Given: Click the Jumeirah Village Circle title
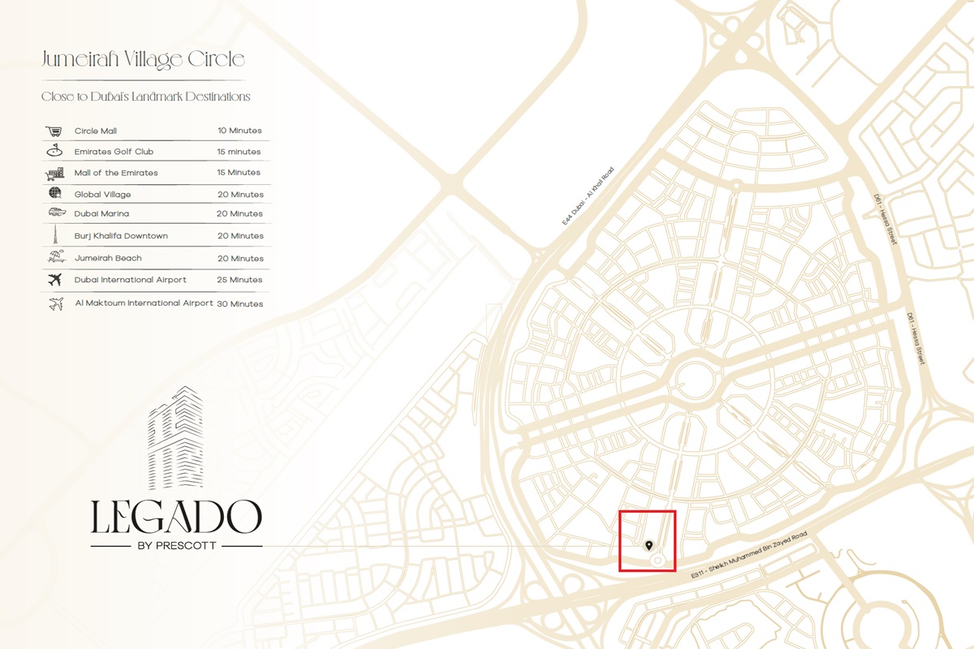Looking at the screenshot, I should point(143,59).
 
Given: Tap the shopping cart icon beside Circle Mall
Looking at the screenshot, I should point(54,131).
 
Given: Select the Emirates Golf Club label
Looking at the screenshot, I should point(114,152).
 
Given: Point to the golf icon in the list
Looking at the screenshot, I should point(54,151).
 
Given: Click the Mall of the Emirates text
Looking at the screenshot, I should point(116,173).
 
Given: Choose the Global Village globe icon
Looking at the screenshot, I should point(54,194).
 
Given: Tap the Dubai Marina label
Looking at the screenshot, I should point(101,214).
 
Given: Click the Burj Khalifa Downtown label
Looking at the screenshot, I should point(121,236).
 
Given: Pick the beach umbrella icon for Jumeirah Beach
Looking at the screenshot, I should point(55,257).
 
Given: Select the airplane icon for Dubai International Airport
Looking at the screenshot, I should point(55,280).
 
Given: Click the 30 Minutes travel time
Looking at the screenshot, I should point(240,304).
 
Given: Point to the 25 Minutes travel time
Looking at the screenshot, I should point(240,280).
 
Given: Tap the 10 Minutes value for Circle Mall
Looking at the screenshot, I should point(239,131).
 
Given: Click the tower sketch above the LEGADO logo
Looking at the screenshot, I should point(176,438).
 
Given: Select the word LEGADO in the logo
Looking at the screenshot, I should point(176,517).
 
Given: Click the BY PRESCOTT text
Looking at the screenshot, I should point(176,546).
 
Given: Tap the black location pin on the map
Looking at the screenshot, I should point(649,545).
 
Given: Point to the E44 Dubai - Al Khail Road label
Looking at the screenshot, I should point(588,203).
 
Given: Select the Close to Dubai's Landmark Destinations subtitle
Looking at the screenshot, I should point(146,97).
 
